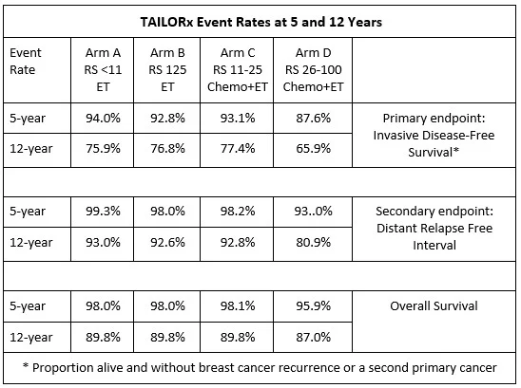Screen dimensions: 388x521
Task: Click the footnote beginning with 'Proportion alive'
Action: pos(260,367)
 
